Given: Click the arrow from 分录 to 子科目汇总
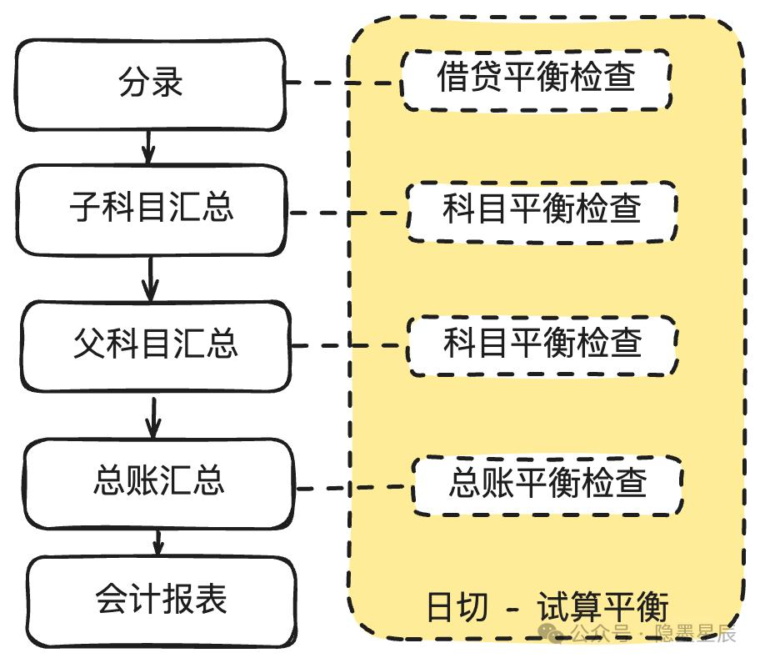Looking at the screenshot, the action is pos(149,148).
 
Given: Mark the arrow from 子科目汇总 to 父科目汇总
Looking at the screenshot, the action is pos(151,279).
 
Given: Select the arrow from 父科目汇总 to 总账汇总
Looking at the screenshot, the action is pos(153,418).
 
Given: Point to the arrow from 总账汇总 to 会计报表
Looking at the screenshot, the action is pos(157,542).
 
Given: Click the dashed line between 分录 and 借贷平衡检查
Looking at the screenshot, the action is pos(343,83).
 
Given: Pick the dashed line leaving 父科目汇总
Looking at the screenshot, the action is pos(349,346).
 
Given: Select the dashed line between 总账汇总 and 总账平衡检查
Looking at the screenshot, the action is pos(354,487).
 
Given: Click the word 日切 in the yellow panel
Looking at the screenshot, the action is pos(457,607).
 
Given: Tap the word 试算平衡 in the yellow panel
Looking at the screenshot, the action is pos(603,606).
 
